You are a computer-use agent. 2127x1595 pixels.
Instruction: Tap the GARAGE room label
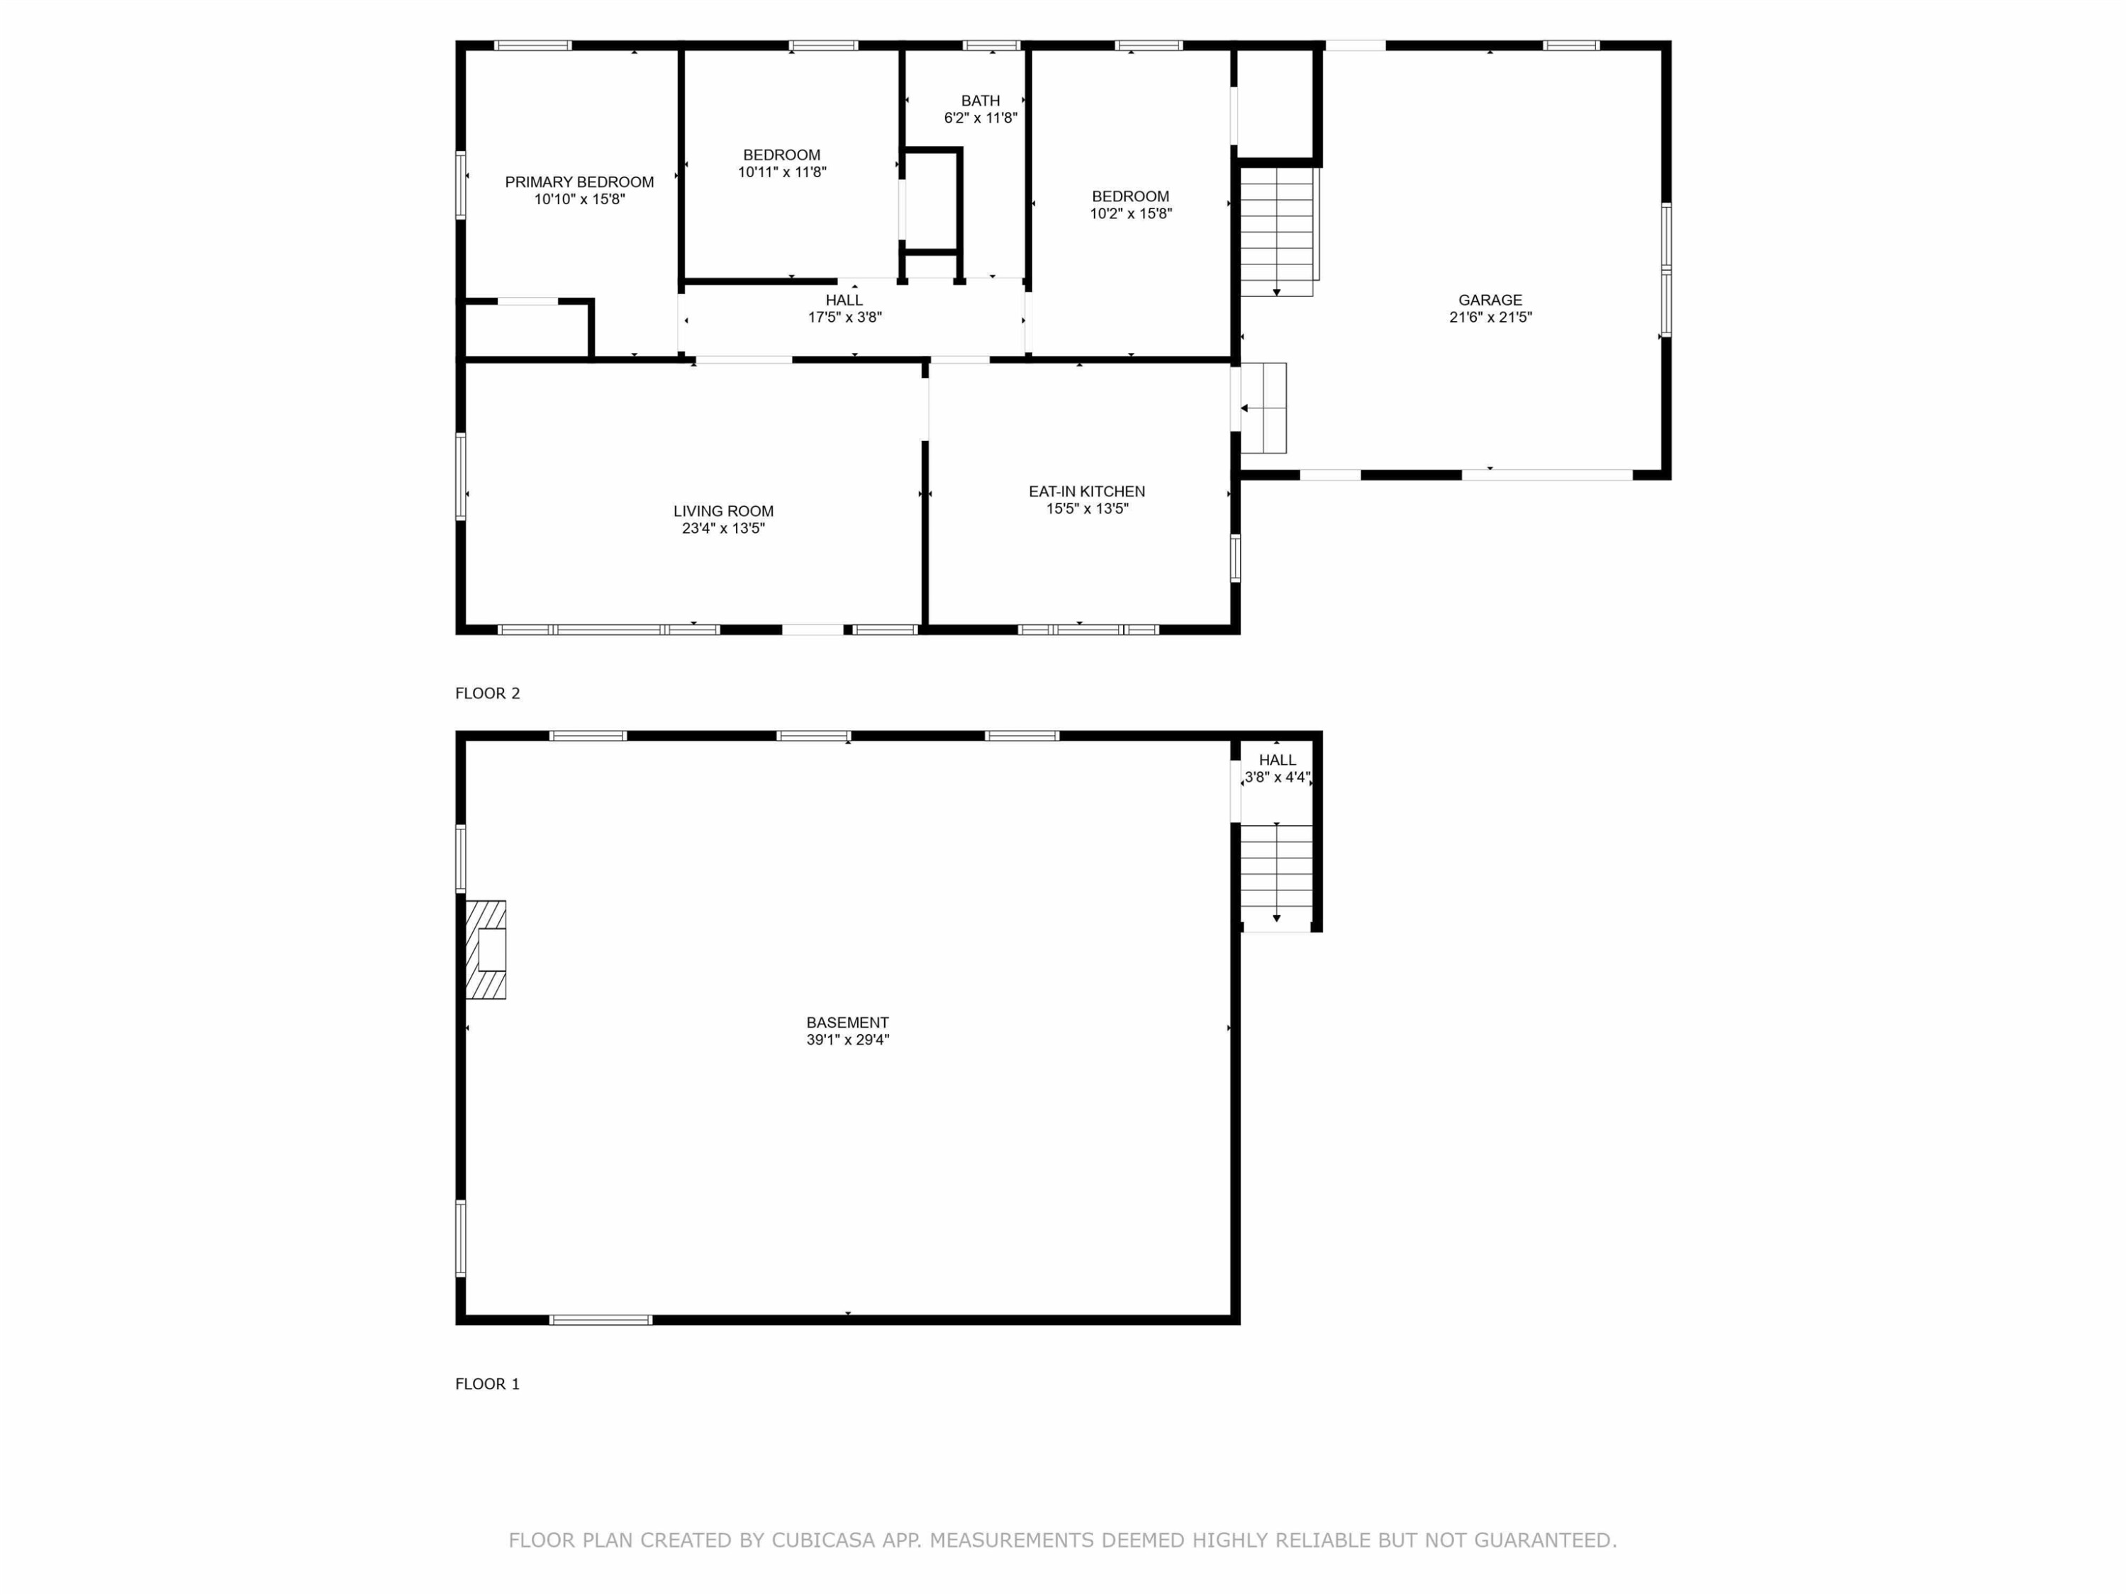click(1490, 300)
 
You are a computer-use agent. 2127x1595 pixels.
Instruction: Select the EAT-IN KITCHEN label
click(1087, 491)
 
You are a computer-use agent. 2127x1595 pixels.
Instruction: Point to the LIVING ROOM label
click(723, 512)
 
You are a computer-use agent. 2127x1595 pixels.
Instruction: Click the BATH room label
click(981, 101)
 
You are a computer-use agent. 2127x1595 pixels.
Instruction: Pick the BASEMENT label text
click(847, 1023)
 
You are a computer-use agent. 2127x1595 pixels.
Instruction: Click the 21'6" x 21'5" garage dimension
click(1490, 318)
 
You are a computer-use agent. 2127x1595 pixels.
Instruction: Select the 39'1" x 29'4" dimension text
click(847, 1040)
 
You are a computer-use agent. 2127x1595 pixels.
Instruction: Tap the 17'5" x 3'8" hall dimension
click(844, 318)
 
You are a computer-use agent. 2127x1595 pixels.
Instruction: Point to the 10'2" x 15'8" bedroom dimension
click(1131, 214)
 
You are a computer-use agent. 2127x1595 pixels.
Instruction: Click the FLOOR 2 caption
click(488, 693)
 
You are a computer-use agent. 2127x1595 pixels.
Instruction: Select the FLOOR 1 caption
click(488, 1384)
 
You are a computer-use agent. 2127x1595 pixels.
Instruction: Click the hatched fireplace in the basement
click(486, 950)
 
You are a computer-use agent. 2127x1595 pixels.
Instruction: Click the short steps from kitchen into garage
click(1263, 408)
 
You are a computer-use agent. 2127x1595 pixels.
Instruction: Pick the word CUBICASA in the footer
click(823, 1540)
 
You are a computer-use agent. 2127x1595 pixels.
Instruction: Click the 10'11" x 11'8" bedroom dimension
click(782, 173)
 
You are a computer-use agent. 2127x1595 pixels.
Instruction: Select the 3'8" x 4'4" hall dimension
click(1277, 778)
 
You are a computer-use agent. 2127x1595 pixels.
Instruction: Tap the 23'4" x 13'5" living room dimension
click(723, 529)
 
